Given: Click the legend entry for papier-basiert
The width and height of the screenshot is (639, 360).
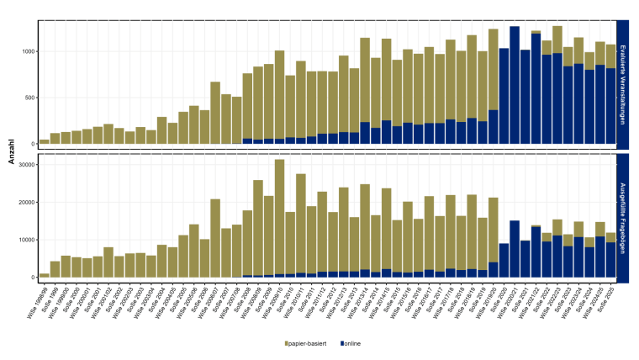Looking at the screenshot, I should coord(308,344).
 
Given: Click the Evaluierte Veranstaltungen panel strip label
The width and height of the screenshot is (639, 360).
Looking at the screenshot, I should coord(622,84).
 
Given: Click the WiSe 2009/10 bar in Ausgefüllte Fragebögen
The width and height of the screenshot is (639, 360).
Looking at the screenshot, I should coord(279,218).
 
